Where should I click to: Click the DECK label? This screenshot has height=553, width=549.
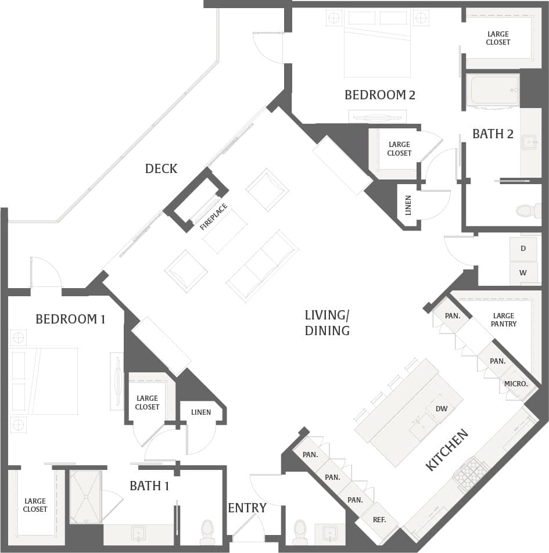[x=161, y=168]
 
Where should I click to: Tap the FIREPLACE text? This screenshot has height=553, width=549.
[x=213, y=217]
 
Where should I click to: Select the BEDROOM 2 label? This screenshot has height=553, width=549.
[x=380, y=95]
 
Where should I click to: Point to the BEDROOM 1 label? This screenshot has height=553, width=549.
[x=70, y=318]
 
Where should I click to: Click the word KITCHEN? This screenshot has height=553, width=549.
[x=447, y=450]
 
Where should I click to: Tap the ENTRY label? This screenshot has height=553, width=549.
[x=247, y=508]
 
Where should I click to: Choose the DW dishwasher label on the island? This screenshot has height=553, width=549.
[x=442, y=408]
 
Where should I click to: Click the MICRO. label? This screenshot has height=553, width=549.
[x=516, y=384]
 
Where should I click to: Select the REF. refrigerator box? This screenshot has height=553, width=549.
[x=379, y=520]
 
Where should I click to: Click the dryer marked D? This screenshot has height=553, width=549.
[x=523, y=249]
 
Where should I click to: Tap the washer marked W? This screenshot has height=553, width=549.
[x=523, y=272]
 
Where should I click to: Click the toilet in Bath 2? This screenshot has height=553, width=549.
[x=528, y=210]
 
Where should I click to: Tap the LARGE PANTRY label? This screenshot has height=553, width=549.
[x=503, y=319]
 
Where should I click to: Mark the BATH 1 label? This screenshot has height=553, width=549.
[x=149, y=486]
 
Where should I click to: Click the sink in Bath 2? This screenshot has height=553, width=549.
[x=529, y=142]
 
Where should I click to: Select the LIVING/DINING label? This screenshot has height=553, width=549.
[x=327, y=323]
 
